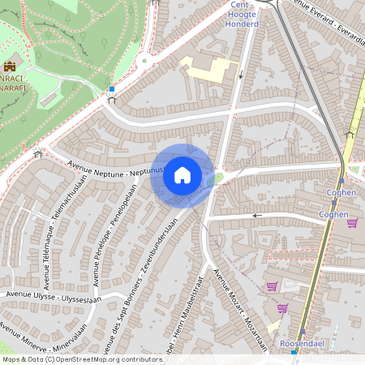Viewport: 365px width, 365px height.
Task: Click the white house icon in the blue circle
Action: point(182,175)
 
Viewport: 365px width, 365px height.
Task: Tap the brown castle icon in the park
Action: point(10,66)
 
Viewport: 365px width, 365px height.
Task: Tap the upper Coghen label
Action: point(341,192)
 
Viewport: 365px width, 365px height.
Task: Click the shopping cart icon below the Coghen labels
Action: point(352,223)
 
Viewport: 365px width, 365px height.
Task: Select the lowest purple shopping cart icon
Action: point(282,307)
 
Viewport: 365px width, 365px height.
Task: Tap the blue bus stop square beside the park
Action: point(112,89)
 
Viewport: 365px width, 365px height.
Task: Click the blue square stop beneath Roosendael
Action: point(294,353)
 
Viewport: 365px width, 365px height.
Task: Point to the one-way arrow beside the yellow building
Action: point(241,76)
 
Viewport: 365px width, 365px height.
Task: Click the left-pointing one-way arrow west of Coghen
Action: point(258,216)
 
